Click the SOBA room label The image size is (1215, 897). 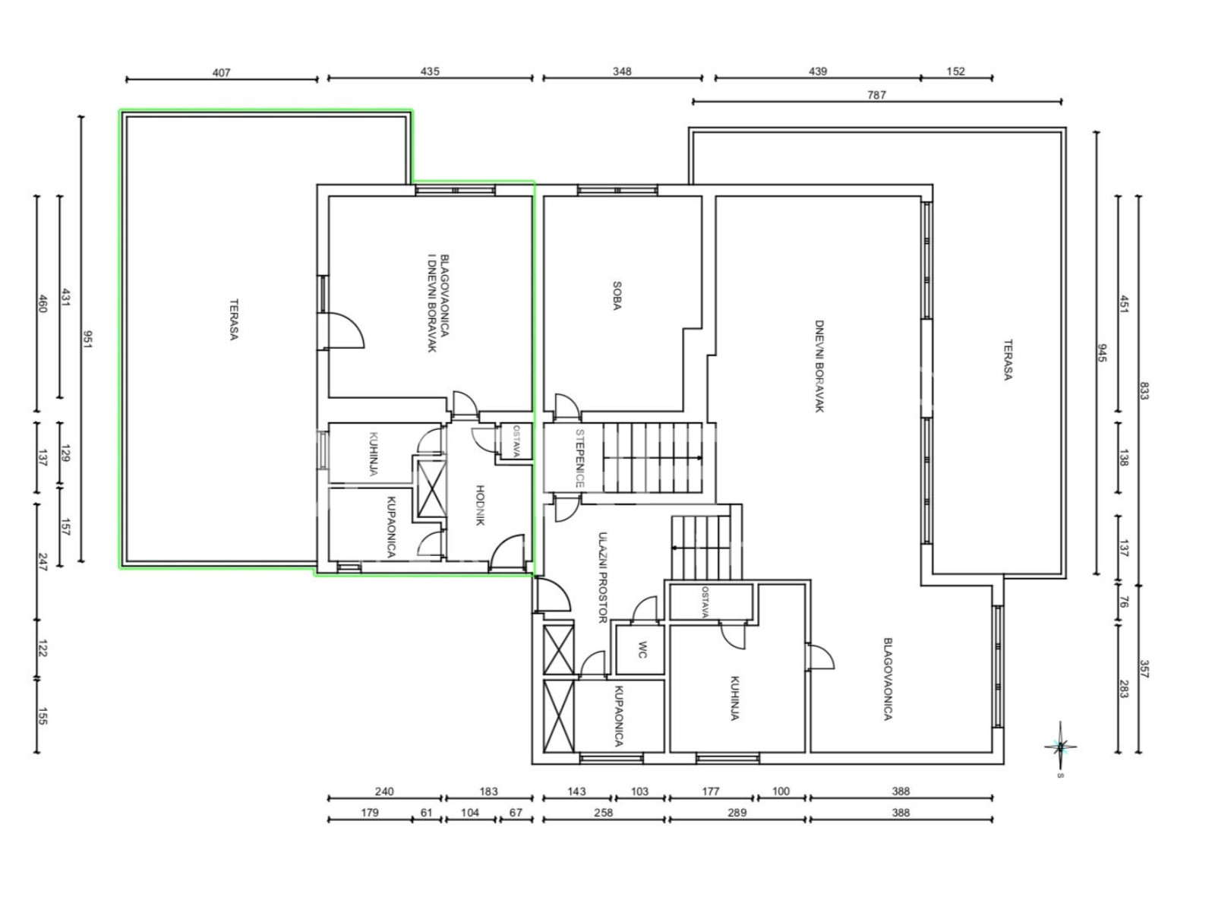tap(617, 296)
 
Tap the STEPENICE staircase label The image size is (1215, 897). tap(579, 459)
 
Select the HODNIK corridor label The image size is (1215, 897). tap(480, 505)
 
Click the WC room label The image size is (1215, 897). tap(642, 650)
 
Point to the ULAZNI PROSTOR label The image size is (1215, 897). tap(604, 577)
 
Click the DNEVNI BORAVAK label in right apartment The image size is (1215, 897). tap(819, 366)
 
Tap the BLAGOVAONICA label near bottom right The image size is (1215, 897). tap(887, 678)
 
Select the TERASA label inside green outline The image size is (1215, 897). tap(233, 319)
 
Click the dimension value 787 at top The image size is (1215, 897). tap(876, 96)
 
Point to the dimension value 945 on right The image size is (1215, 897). tap(1102, 353)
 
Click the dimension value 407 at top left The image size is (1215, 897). tap(221, 73)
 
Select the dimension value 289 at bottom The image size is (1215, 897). tap(737, 813)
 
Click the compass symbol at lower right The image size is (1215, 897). tap(1060, 747)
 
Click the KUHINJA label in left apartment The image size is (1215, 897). tap(373, 453)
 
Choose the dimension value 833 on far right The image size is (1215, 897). tap(1144, 391)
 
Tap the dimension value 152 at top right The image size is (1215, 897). tap(956, 71)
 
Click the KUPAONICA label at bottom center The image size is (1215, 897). tap(619, 716)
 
